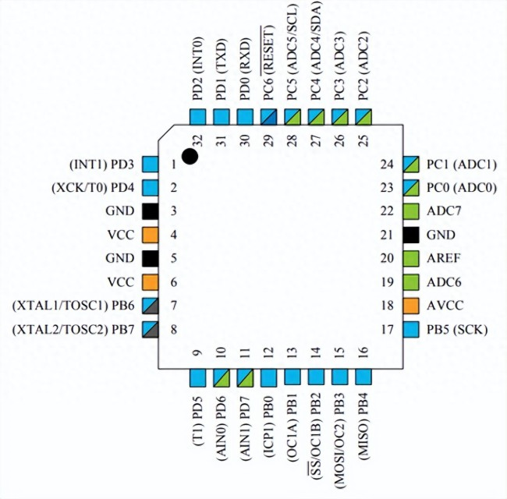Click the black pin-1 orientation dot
click(x=190, y=156)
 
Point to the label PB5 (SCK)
click(x=456, y=330)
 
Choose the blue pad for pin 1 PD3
click(x=151, y=165)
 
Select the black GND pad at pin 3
click(x=151, y=211)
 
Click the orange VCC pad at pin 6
click(x=151, y=281)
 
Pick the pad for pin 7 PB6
click(x=151, y=306)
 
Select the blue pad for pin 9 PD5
click(x=199, y=377)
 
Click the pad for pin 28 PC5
click(x=293, y=117)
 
